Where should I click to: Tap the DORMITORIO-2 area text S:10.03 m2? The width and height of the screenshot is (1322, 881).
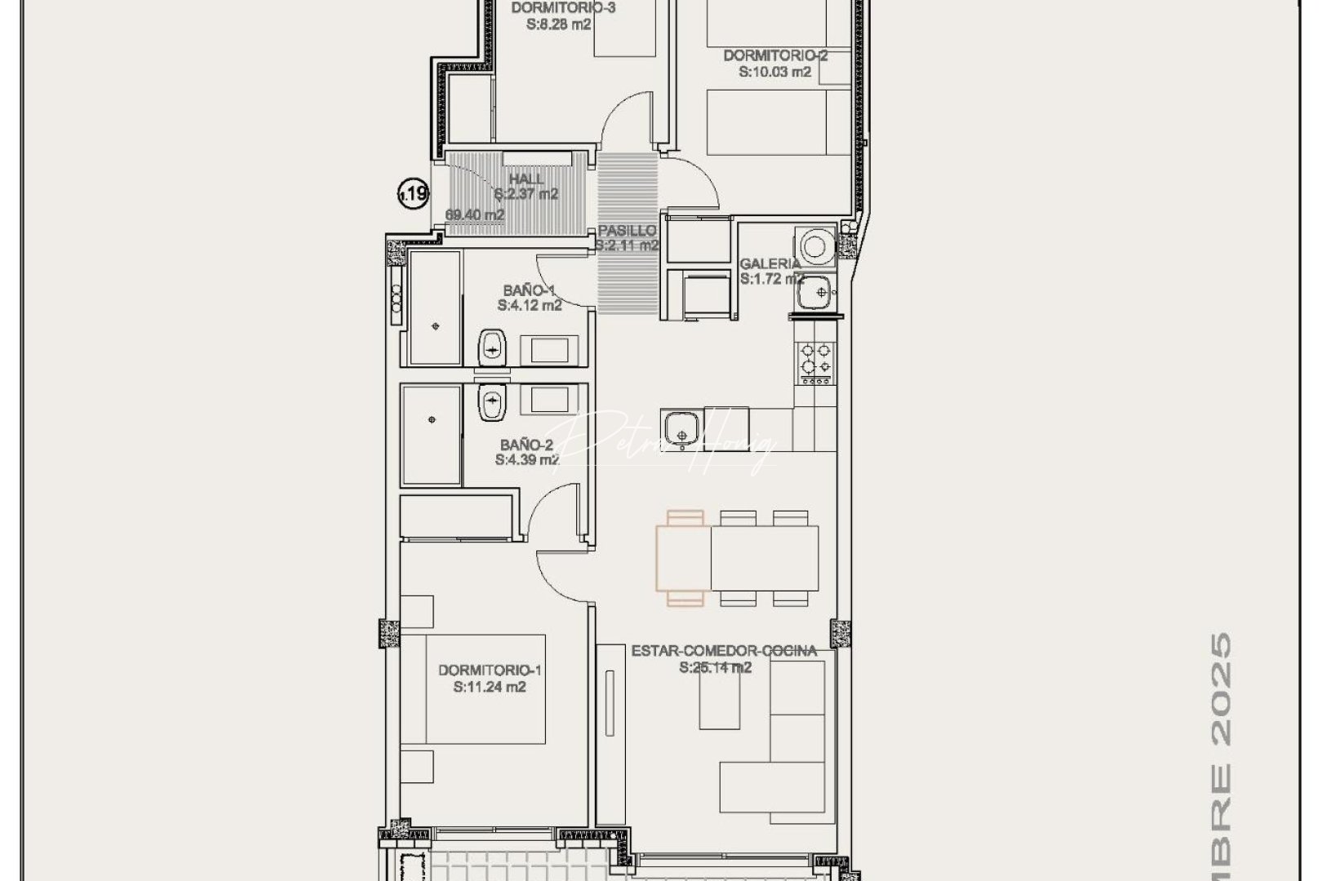point(775,72)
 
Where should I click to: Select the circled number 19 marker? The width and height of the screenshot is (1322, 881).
point(413,194)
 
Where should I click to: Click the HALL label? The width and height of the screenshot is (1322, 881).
point(526,179)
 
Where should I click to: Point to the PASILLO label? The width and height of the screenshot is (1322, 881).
point(627,231)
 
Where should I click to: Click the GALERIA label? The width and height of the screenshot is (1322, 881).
point(770,263)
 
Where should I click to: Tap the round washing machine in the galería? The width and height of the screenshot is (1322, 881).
point(815,244)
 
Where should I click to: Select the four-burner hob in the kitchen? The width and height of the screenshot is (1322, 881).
point(816,361)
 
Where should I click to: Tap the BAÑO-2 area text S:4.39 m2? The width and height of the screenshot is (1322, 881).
point(527,460)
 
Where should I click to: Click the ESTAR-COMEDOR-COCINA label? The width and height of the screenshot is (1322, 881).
point(724,651)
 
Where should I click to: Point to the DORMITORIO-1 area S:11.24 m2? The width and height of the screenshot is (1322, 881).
point(490,687)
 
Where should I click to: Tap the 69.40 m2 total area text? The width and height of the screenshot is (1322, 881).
point(475,215)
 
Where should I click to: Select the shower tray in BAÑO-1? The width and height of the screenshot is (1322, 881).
point(434,308)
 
